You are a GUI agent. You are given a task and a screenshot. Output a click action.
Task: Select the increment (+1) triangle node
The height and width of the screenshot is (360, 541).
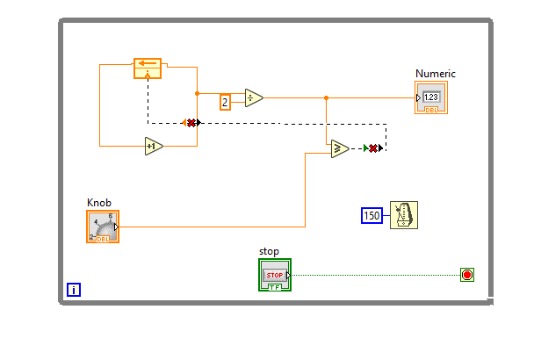[x=154, y=146]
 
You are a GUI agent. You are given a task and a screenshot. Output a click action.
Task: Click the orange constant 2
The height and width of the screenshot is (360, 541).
[x=225, y=102]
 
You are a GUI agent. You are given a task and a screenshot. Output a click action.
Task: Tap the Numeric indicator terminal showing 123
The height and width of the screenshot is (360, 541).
[x=431, y=98]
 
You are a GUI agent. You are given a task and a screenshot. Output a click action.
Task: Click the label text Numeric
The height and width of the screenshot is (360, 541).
[x=435, y=74]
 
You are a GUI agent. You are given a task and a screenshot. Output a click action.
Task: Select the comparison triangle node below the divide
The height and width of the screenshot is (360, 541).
[x=340, y=149]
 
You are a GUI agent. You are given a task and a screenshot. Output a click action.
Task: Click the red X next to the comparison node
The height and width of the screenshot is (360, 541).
[x=373, y=148]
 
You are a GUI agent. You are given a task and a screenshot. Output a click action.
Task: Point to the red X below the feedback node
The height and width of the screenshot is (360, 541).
[x=190, y=122]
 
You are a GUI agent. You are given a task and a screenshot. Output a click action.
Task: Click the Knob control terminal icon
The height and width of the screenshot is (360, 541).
[x=103, y=226]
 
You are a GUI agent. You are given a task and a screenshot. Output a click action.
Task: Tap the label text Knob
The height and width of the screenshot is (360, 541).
[x=99, y=202]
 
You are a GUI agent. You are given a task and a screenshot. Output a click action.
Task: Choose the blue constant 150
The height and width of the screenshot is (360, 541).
[x=372, y=215]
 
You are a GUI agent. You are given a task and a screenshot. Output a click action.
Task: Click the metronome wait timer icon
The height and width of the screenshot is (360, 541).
[x=404, y=214]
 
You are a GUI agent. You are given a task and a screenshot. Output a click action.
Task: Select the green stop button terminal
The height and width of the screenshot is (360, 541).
[x=274, y=275]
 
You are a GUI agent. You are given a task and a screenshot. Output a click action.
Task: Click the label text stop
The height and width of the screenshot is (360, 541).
[x=269, y=251]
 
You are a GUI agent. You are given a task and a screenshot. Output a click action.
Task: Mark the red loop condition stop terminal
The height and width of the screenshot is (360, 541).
[x=466, y=275]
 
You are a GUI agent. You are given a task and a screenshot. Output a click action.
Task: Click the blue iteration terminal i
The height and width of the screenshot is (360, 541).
[x=74, y=289]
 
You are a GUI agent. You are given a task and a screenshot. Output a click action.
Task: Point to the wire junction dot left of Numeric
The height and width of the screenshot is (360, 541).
[x=326, y=97]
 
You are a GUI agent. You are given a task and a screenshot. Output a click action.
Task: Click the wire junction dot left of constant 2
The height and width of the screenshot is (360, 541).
[x=197, y=92]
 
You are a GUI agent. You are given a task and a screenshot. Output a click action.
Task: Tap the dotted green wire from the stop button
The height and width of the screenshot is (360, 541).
[x=378, y=275]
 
